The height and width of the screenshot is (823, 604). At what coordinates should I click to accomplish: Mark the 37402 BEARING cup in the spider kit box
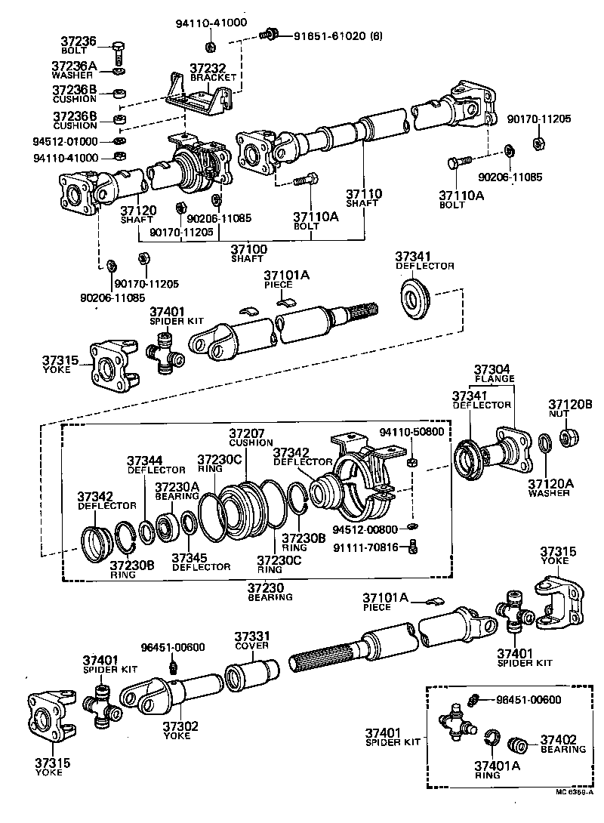(518, 744)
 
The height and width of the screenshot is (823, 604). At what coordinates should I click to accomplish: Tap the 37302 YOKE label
(180, 730)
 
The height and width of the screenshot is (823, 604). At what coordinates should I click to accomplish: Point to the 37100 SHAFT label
(248, 253)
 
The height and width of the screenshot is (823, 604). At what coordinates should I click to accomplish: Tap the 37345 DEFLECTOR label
(199, 562)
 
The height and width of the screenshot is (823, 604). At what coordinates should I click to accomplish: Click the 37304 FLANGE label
(494, 374)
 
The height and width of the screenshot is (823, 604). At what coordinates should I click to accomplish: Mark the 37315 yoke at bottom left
(53, 717)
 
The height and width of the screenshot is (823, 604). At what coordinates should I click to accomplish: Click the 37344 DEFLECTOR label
(145, 464)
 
